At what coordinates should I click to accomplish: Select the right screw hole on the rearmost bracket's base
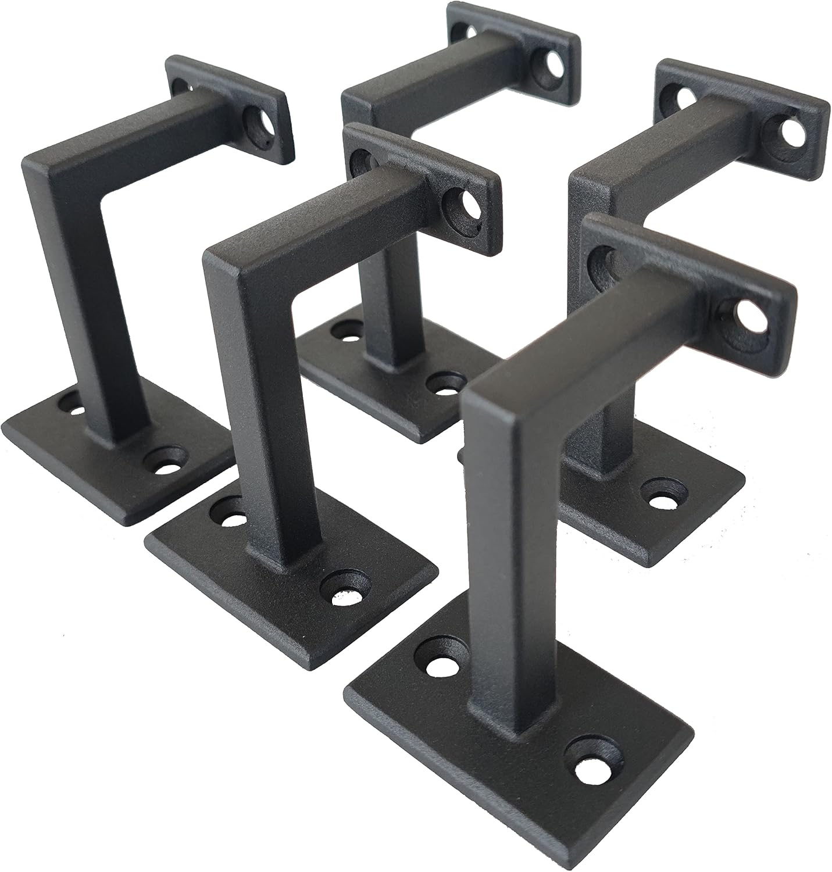tap(445, 383)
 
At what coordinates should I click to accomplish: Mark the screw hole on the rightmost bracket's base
tap(661, 494)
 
